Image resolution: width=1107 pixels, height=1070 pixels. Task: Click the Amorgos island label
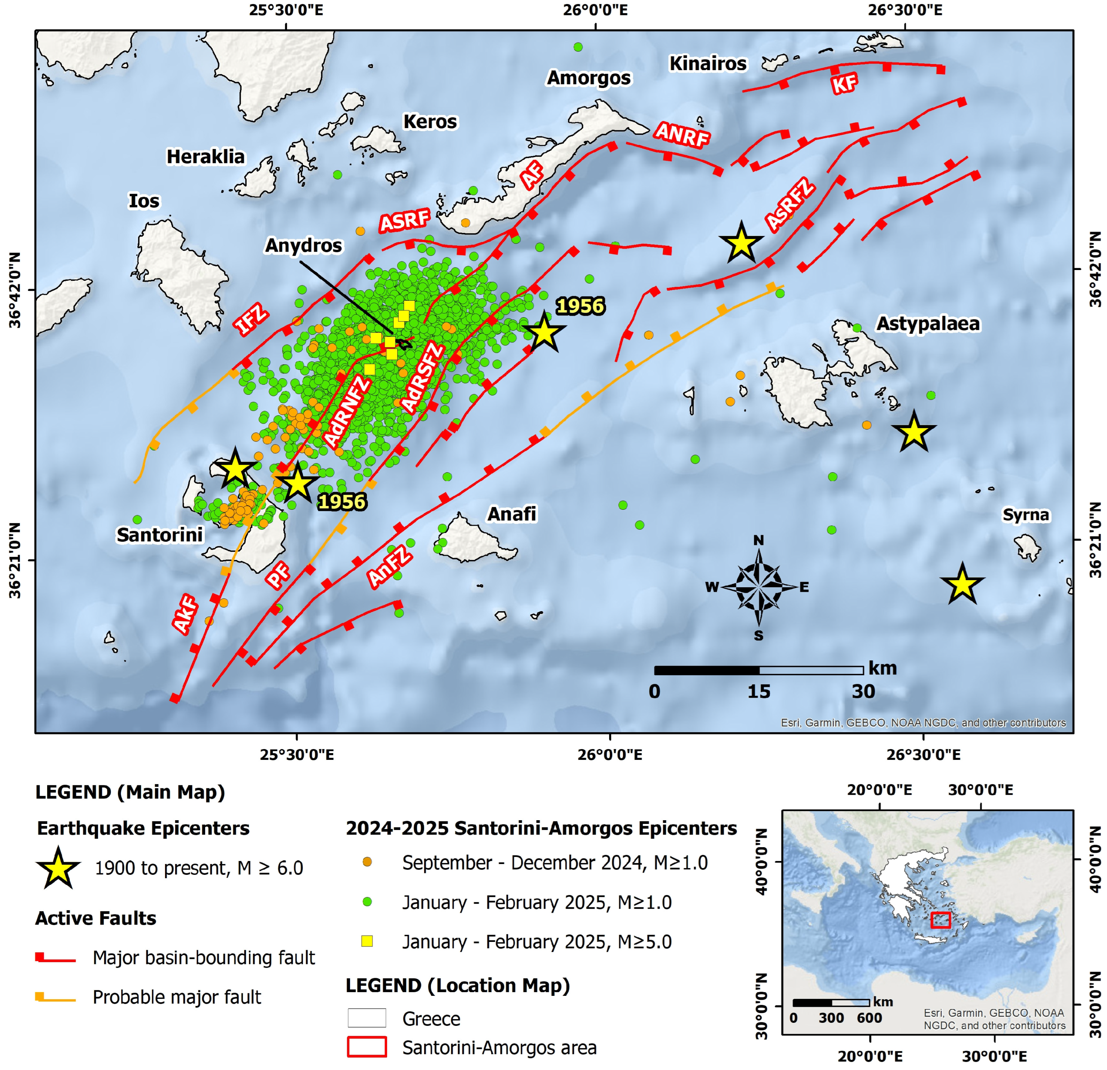click(x=589, y=78)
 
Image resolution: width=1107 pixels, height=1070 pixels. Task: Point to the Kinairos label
click(x=708, y=64)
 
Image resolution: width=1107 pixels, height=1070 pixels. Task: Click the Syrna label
click(x=1026, y=515)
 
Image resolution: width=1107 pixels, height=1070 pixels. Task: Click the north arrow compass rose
click(x=758, y=588)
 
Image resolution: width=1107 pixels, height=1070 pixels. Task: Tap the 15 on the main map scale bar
click(x=758, y=691)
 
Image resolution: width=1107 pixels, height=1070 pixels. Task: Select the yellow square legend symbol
click(x=367, y=941)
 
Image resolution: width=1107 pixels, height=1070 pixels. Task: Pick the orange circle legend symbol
click(x=367, y=862)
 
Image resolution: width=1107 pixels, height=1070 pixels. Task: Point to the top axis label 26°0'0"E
click(x=595, y=10)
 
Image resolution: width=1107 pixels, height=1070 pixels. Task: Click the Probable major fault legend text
click(x=177, y=997)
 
